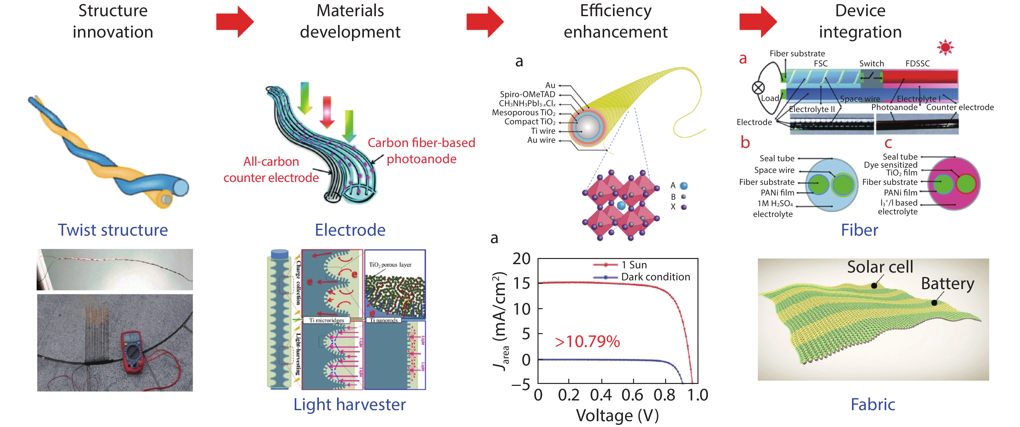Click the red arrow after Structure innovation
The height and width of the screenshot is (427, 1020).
click(234, 22)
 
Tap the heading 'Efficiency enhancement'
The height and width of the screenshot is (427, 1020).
click(615, 21)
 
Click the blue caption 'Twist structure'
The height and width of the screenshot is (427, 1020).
click(113, 230)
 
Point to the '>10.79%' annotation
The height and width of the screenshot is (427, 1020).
click(587, 342)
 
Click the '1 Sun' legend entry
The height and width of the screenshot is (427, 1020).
click(634, 265)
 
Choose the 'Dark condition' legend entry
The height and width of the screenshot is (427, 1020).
click(655, 277)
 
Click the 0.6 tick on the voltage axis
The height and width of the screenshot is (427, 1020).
click(632, 395)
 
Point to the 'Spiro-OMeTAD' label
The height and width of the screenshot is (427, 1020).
click(527, 94)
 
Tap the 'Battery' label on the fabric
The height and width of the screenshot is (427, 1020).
click(947, 284)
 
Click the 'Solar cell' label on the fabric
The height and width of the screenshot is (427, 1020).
click(880, 267)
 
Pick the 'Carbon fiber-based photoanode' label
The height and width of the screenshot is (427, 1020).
click(421, 151)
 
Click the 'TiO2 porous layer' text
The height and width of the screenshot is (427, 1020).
click(390, 265)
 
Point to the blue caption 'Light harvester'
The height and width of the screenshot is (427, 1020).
click(350, 404)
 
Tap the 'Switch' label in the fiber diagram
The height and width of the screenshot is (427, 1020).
click(871, 64)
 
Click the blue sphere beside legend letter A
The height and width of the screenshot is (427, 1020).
click(684, 185)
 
